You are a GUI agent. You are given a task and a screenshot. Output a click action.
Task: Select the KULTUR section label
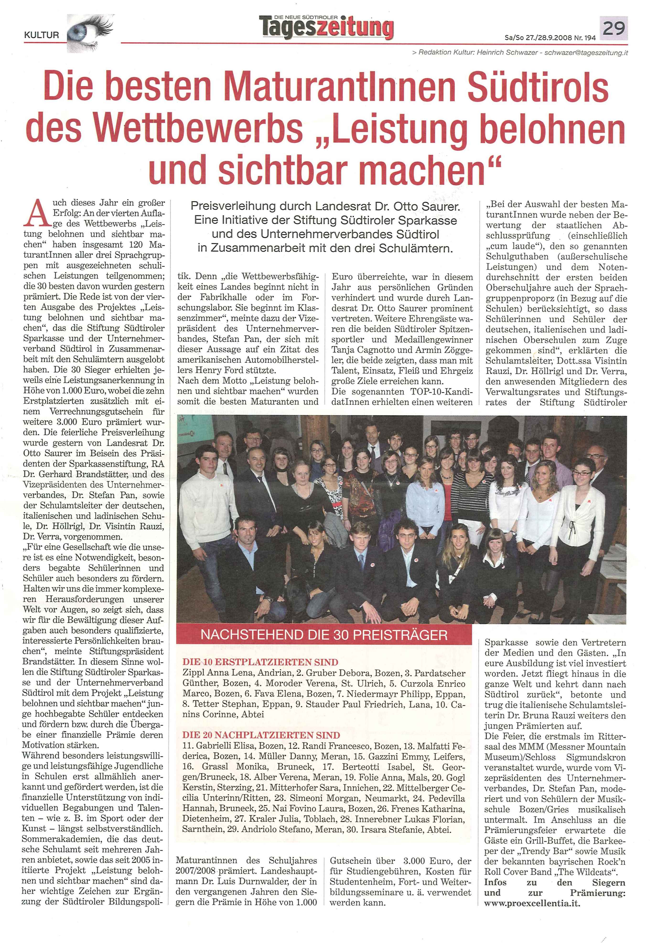tap(42, 36)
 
